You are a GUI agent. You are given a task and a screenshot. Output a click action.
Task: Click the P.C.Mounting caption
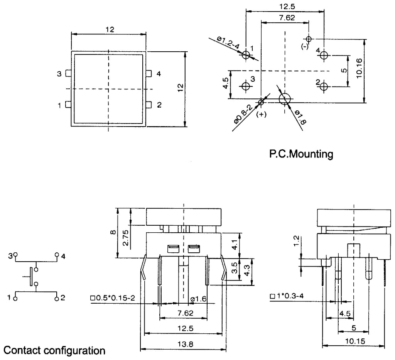tap(301, 154)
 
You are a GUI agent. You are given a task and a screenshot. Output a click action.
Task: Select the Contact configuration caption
tap(54, 351)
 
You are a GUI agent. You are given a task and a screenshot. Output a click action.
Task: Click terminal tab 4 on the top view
tap(148, 73)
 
